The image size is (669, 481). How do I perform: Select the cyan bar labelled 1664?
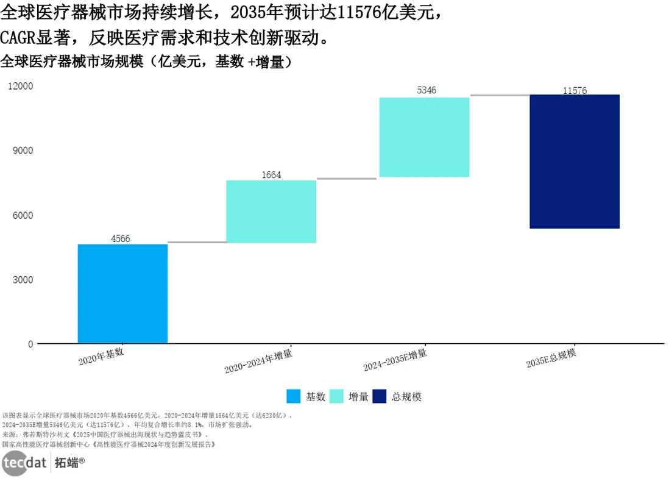tap(271, 212)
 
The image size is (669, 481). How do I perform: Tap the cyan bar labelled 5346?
tap(424, 137)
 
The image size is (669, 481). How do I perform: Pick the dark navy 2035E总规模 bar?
tap(575, 162)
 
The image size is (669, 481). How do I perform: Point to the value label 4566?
tap(120, 238)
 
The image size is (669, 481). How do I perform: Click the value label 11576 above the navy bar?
tap(575, 90)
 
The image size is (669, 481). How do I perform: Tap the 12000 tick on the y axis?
tap(21, 86)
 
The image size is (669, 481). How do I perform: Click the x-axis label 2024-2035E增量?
tap(395, 360)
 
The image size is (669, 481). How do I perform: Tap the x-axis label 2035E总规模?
tap(551, 359)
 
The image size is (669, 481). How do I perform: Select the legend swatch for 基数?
tap(294, 396)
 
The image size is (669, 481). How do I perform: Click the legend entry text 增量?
tap(358, 397)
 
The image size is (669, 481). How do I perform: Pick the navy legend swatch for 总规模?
tap(379, 396)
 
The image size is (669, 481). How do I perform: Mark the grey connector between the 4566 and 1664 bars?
tap(197, 242)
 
